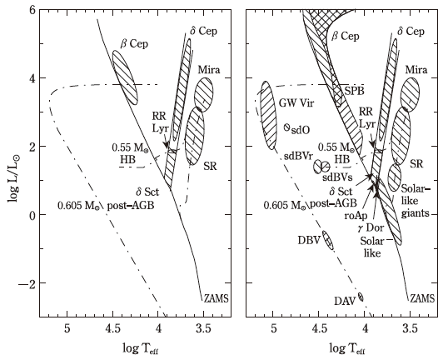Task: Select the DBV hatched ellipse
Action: [328, 241]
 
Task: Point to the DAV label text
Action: [345, 301]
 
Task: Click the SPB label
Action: [354, 91]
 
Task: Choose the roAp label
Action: [356, 216]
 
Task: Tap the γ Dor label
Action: [371, 228]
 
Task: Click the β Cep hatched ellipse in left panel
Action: [125, 77]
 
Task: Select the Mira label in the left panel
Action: [209, 69]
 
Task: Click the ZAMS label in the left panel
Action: [216, 298]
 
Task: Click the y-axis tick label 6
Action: [32, 10]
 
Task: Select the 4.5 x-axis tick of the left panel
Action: [112, 329]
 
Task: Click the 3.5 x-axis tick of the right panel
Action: [411, 329]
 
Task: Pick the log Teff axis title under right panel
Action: [347, 349]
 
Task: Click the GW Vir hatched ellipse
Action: [269, 116]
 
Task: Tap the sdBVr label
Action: [299, 156]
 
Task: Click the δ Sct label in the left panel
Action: [147, 192]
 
